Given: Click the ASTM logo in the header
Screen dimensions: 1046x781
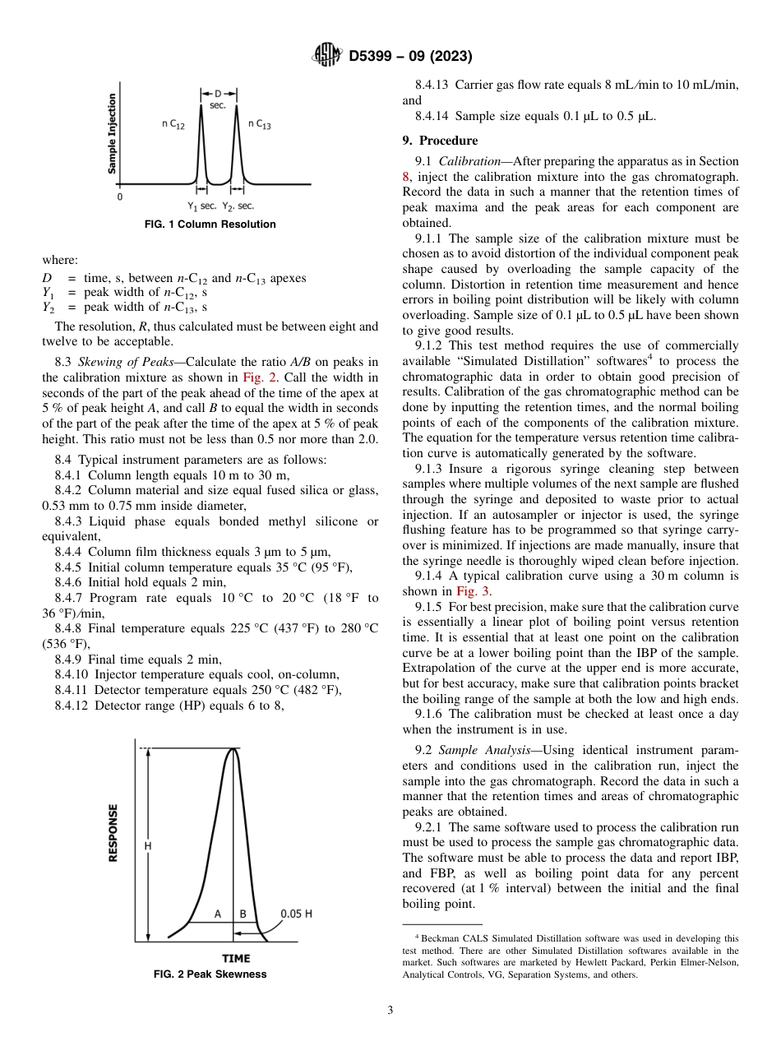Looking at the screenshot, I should click(x=327, y=56).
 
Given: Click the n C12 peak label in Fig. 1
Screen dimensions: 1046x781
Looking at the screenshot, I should click(x=173, y=124).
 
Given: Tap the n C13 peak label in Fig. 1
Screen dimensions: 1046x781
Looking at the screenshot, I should click(x=260, y=124).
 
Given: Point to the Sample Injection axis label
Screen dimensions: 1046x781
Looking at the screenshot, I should click(x=113, y=132).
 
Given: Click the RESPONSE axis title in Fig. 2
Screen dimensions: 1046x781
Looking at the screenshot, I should click(x=113, y=832).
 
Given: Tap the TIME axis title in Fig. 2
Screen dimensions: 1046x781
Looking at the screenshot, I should click(x=236, y=958).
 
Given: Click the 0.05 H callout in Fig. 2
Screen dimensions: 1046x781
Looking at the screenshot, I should click(x=297, y=914).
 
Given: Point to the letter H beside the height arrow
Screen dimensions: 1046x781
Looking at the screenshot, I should click(x=148, y=845).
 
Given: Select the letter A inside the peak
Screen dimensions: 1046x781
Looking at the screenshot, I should click(x=218, y=914).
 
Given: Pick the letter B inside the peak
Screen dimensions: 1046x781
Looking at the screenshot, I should click(x=243, y=914).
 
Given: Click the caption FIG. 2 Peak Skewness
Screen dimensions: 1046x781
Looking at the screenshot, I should click(x=210, y=974).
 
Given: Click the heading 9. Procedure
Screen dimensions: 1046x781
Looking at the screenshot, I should click(x=440, y=141).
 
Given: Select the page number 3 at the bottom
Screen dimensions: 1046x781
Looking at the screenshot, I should click(x=390, y=1011).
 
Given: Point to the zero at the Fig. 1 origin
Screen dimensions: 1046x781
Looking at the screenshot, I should click(x=120, y=197).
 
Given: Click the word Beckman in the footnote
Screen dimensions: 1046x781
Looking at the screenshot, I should click(x=440, y=938).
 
